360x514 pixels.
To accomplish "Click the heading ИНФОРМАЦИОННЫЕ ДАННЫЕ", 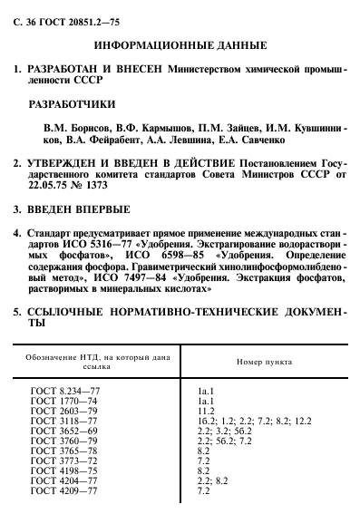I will pos(180,44).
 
